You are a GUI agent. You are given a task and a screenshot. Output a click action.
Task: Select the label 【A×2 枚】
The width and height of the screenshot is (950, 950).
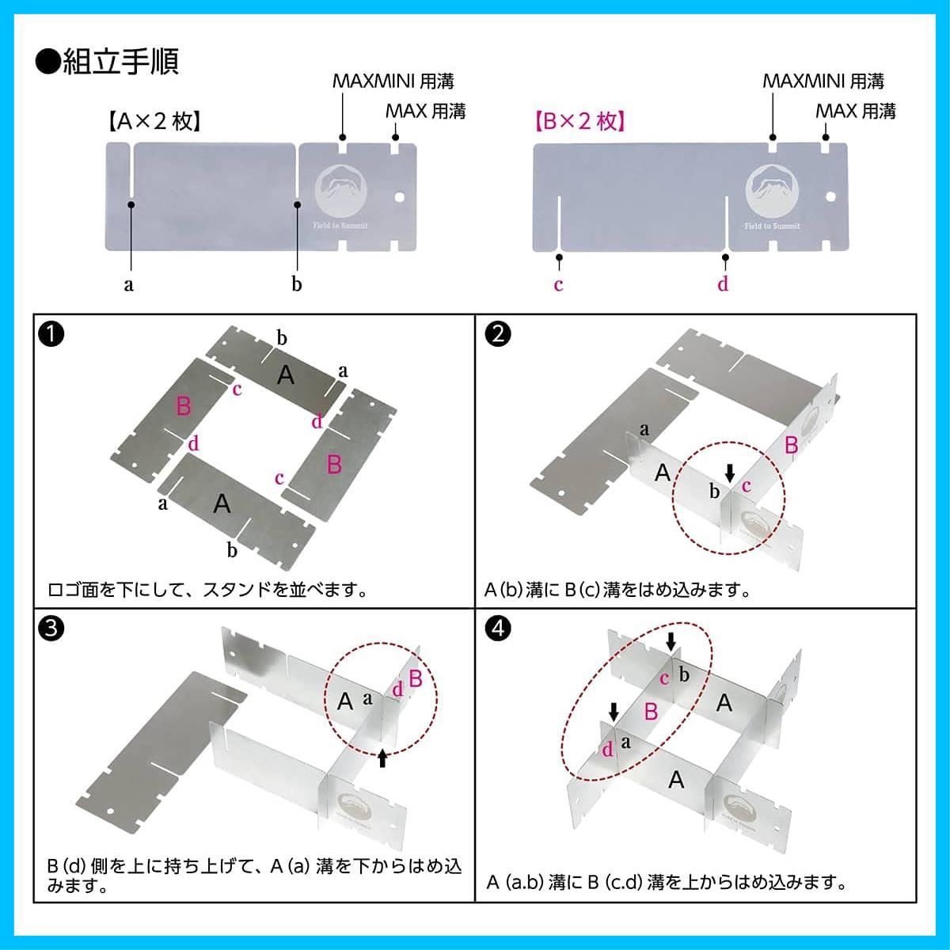click(151, 121)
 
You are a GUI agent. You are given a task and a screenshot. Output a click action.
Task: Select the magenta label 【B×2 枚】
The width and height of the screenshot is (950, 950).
click(579, 121)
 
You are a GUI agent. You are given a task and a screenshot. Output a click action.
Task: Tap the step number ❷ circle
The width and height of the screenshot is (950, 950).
click(497, 334)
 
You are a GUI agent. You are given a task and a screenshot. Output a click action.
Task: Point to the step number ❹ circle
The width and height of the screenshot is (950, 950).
click(497, 629)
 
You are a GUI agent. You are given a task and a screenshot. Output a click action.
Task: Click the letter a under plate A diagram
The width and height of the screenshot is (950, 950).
click(129, 284)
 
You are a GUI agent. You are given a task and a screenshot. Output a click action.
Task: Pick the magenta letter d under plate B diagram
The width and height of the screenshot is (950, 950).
click(723, 283)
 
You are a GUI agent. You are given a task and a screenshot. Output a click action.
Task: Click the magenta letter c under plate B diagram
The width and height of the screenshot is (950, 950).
click(558, 284)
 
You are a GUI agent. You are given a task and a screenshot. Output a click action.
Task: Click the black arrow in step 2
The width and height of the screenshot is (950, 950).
click(730, 472)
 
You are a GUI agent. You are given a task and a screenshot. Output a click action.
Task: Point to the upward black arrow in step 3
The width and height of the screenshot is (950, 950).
click(382, 758)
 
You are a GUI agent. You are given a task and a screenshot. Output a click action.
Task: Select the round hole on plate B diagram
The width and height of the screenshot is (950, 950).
click(830, 196)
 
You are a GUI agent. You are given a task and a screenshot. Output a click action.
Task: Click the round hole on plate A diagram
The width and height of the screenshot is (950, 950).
click(399, 196)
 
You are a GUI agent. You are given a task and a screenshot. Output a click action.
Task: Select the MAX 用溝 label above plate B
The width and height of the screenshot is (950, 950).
click(855, 111)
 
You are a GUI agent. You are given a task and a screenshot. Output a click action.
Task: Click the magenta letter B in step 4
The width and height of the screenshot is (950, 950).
click(651, 712)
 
